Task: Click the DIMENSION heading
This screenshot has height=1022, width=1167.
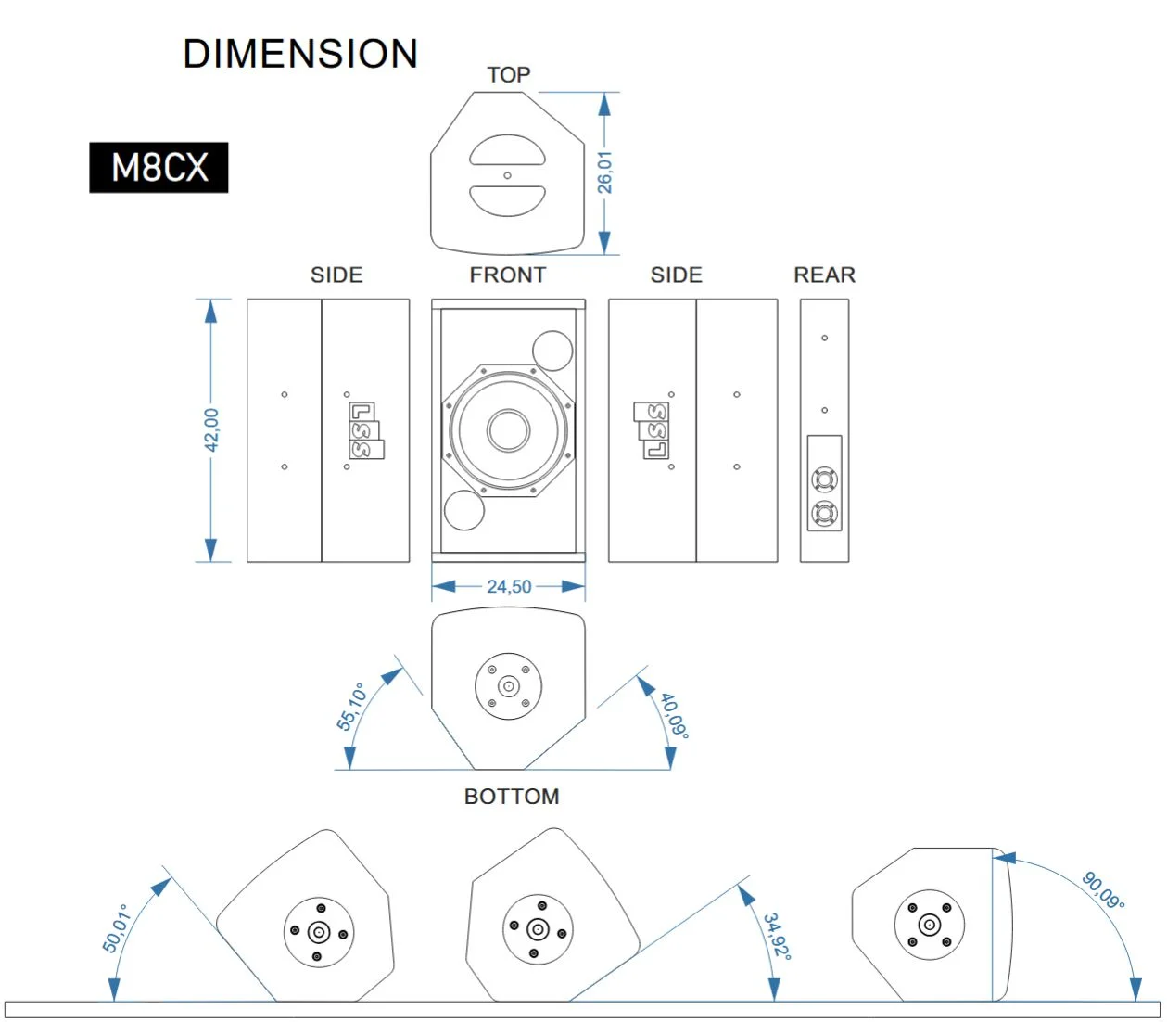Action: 300,54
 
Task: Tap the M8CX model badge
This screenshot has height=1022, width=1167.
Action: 159,167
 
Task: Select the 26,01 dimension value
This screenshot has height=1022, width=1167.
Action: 604,172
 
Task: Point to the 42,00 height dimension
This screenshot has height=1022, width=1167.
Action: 211,429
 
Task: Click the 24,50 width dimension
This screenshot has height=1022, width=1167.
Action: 509,586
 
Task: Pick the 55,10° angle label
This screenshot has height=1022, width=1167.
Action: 351,706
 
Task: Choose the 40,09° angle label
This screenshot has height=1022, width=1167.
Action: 675,716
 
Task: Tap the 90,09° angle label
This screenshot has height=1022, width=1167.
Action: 1103,890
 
